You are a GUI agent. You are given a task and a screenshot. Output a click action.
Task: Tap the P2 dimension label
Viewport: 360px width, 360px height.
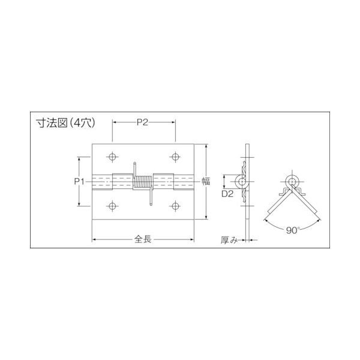[x=143, y=122]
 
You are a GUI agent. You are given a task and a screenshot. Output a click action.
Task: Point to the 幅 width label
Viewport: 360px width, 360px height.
[x=205, y=181]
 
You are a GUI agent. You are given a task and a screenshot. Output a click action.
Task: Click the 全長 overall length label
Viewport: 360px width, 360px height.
[x=143, y=239]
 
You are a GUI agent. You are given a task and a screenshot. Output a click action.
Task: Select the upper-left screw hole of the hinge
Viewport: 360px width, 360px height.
[x=112, y=157]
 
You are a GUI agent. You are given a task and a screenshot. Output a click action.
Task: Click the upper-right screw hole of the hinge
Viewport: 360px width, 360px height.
[x=175, y=157]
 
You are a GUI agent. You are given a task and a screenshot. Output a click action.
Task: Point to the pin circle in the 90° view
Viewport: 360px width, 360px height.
[x=293, y=182]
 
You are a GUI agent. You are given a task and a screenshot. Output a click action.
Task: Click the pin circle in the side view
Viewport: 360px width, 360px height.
[x=242, y=181]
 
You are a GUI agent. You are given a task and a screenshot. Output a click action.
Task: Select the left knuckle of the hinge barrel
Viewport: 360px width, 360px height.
[x=102, y=181]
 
